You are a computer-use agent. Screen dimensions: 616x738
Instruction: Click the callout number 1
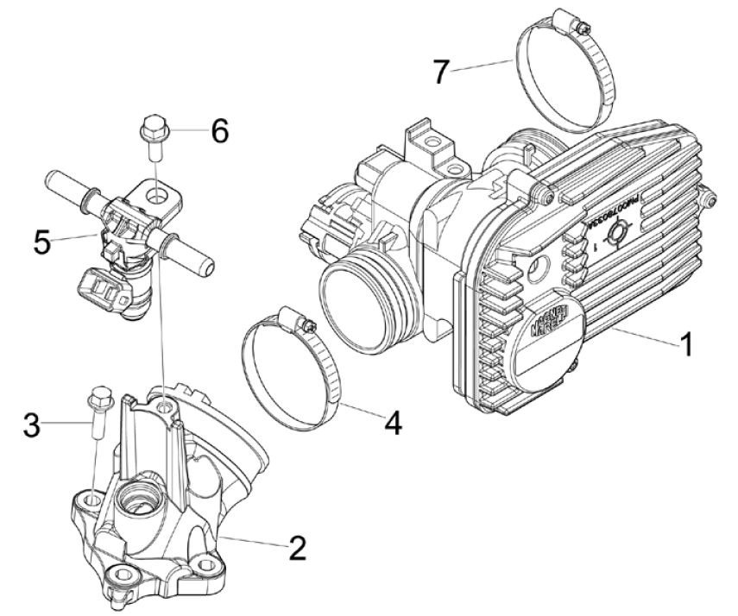click(685, 347)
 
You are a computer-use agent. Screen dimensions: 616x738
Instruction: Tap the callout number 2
click(296, 547)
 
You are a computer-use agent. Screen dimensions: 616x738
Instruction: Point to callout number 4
click(394, 424)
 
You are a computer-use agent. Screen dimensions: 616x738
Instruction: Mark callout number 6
click(219, 132)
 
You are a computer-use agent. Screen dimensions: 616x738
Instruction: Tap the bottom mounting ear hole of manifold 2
click(119, 575)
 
